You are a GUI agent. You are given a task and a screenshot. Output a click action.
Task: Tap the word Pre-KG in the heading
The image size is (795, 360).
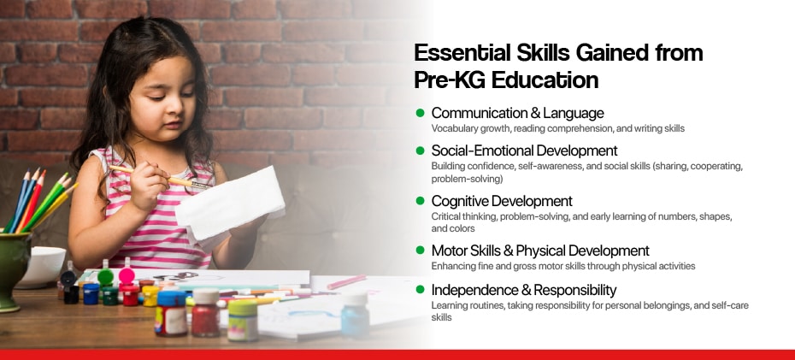click(445, 80)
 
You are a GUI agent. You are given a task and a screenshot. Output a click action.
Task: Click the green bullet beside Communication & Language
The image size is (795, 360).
click(420, 113)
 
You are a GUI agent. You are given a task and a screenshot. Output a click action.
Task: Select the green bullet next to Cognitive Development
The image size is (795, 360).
click(420, 201)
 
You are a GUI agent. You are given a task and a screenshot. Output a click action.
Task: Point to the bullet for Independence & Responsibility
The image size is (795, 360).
click(420, 290)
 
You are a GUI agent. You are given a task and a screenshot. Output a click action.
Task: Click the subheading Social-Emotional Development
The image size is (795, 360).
click(524, 150)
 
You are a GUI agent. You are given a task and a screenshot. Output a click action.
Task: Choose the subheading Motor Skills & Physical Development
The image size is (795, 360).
click(540, 251)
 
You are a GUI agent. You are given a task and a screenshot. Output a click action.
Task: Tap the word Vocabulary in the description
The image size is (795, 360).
click(451, 129)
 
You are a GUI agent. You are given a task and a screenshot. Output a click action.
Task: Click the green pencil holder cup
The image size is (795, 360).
click(15, 268)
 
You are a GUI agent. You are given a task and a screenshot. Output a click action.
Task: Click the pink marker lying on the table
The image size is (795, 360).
click(347, 282)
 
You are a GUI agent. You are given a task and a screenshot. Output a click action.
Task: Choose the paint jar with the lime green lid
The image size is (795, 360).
click(243, 320)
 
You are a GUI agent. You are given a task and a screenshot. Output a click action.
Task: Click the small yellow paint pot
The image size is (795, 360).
click(150, 296)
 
